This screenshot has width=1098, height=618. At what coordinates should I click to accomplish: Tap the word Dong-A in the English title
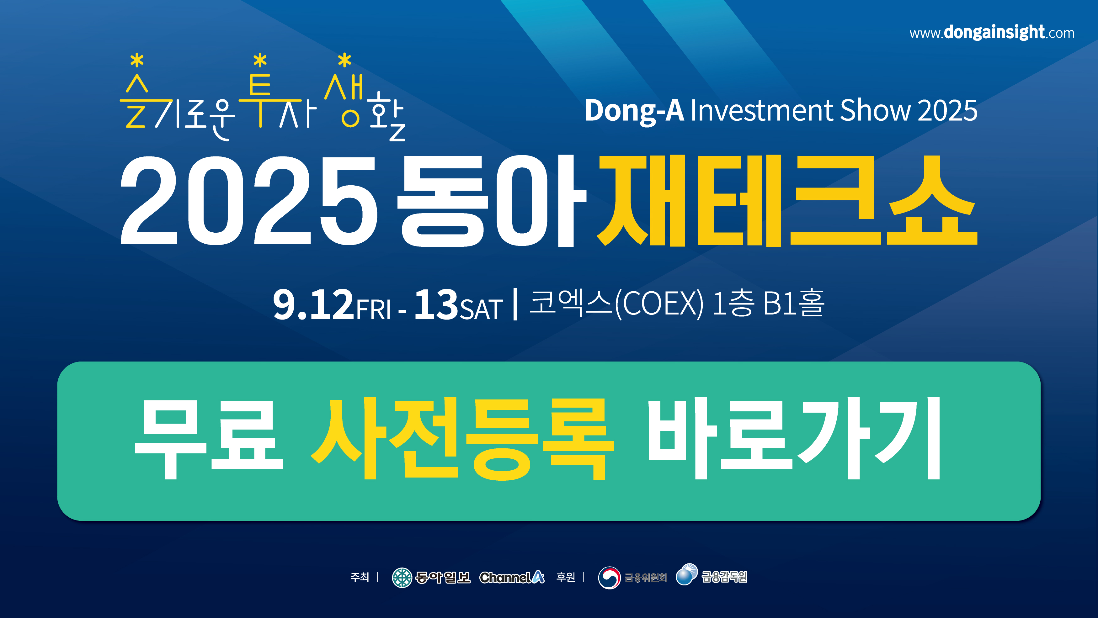coord(634,111)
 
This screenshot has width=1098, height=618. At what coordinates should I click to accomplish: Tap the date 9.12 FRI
coord(332,304)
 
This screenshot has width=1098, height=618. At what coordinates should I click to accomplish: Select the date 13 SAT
coord(458,304)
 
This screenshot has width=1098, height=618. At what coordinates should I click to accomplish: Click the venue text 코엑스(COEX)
coord(616,303)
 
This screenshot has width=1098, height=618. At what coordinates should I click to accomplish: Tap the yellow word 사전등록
coord(462,439)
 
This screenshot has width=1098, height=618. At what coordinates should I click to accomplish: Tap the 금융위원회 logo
coord(632,578)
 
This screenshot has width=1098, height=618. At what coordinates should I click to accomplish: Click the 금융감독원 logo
coord(712,575)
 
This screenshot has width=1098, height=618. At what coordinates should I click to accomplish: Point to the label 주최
coord(359,577)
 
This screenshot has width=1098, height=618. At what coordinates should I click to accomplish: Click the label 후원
coord(566,577)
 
